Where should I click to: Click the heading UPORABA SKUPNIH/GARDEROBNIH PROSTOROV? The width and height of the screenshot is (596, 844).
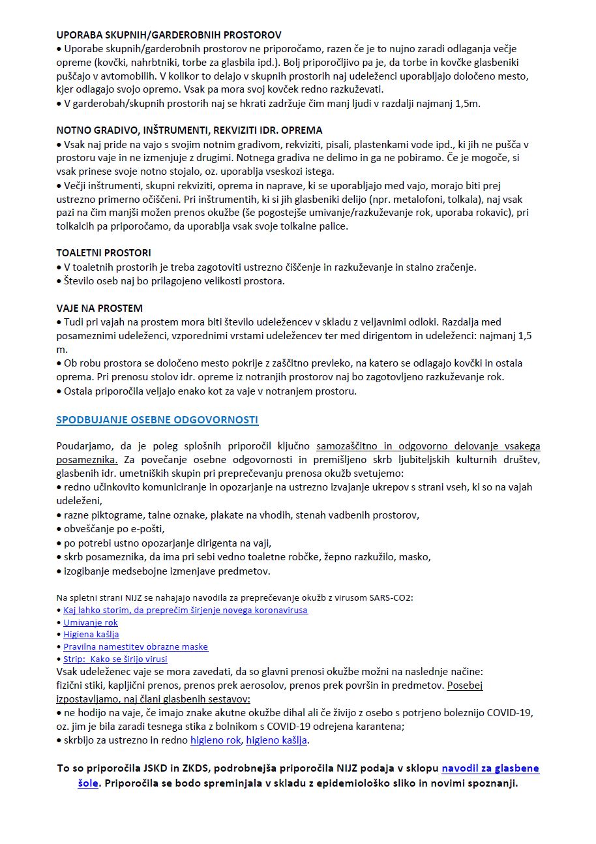coord(169,35)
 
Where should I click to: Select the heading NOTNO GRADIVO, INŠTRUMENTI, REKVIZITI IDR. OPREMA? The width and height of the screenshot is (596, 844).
coord(189,130)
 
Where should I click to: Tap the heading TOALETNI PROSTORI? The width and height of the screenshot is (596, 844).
coord(104,252)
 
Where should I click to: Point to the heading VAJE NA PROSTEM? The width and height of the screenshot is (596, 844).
coord(99,308)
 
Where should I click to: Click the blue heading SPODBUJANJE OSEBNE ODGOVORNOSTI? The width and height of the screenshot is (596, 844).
coord(157,419)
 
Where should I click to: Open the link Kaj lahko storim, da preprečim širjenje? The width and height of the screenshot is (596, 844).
coord(185,610)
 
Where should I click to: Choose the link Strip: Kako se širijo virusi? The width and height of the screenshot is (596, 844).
coord(115,659)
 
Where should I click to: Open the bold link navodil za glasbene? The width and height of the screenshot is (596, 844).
coord(490,768)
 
